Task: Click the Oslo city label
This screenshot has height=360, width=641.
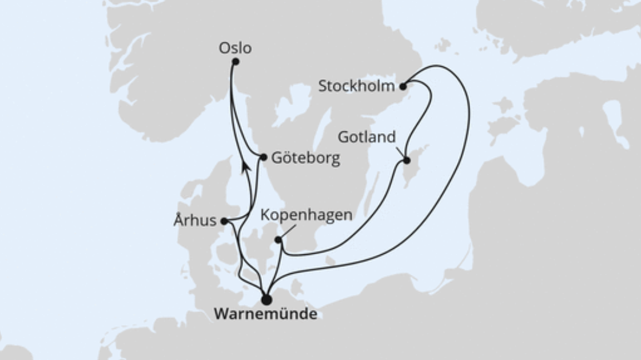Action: [x=235, y=48]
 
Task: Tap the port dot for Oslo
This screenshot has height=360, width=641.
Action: [x=235, y=61]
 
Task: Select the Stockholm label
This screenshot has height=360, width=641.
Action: [x=356, y=86]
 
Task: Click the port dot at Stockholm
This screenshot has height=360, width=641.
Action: [x=403, y=87]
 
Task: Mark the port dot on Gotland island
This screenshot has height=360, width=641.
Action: [x=407, y=161]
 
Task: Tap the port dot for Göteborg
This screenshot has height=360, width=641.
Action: [x=264, y=157]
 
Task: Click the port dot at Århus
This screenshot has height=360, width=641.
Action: [x=224, y=221]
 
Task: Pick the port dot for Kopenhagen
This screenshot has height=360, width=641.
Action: [x=278, y=240]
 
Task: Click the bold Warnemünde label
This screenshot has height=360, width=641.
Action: [x=265, y=314]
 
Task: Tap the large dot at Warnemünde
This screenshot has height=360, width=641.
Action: [x=266, y=299]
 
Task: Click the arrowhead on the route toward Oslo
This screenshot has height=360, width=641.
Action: [x=245, y=166]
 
